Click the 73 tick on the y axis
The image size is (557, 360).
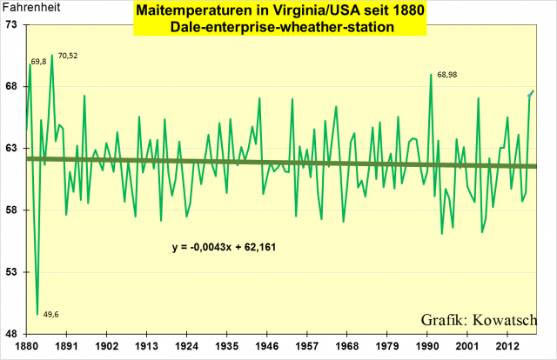[11, 25]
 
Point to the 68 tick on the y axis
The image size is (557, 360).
[11, 87]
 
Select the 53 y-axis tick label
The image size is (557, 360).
[11, 272]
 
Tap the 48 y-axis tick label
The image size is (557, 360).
[11, 334]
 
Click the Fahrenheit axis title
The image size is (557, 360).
[26, 10]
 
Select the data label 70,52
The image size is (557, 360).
[68, 56]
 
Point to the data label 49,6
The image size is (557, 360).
[50, 314]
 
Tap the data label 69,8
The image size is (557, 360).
[38, 62]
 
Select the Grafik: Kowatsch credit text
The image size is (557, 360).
[479, 317]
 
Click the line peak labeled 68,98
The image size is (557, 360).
[431, 75]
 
